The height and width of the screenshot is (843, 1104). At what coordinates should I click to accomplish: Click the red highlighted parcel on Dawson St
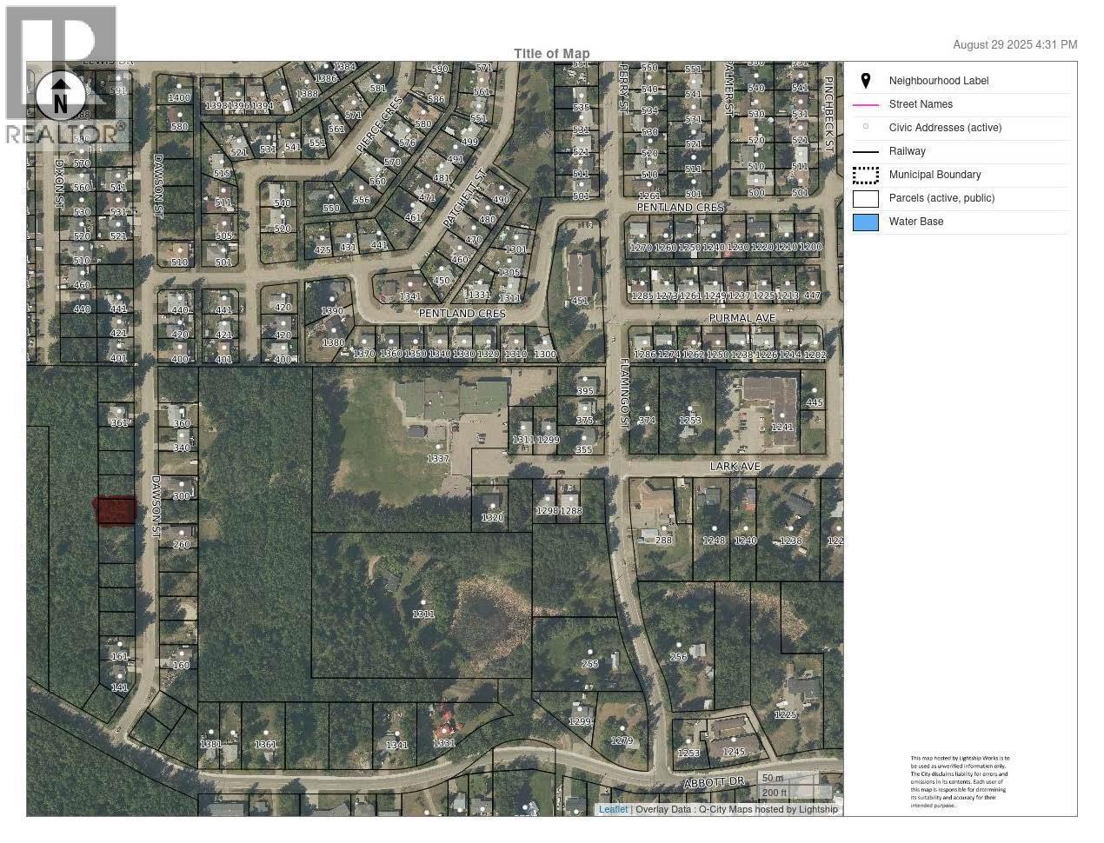coord(116,511)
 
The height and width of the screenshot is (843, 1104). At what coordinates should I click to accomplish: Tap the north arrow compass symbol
coord(59,96)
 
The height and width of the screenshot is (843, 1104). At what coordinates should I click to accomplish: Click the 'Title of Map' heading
coord(551,53)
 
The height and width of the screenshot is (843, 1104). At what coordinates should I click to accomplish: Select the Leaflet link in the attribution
coord(613,809)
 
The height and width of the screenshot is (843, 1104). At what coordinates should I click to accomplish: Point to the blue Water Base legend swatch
coord(865,222)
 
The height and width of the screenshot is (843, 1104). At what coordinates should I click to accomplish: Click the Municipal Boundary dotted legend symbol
coord(865,175)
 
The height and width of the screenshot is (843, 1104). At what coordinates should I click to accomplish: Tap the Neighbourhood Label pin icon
coord(865,81)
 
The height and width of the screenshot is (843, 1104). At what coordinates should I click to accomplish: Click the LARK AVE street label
coord(735,467)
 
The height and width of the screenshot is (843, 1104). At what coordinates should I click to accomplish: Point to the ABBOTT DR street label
coord(714,783)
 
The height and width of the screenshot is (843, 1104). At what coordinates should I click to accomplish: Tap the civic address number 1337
coord(437,459)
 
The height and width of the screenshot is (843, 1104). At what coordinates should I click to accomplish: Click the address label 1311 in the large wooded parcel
coord(423,614)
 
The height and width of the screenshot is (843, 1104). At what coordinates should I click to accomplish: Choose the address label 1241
coord(782,428)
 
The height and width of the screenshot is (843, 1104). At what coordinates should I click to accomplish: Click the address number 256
coord(678,657)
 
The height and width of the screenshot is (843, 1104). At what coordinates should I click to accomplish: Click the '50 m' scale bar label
coord(772,778)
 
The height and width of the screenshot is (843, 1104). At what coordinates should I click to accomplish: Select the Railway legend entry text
coord(907,151)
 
